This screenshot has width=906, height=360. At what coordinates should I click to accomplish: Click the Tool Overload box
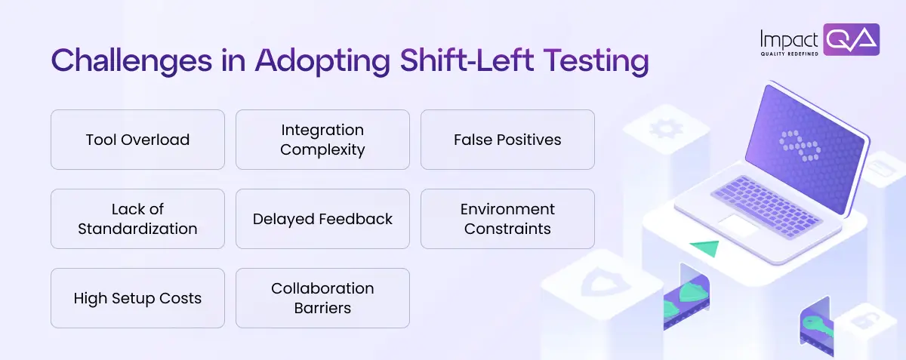pyautogui.click(x=137, y=140)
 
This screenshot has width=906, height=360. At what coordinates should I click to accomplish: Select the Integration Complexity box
pyautogui.click(x=322, y=140)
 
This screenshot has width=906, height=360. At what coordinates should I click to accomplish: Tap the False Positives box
pyautogui.click(x=507, y=140)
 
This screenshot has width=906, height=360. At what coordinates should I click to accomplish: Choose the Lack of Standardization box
pyautogui.click(x=137, y=219)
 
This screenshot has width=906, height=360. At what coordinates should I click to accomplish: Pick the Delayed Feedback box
pyautogui.click(x=322, y=219)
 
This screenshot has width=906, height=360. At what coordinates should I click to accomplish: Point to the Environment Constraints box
pyautogui.click(x=507, y=219)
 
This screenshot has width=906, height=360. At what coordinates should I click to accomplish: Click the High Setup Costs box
pyautogui.click(x=137, y=298)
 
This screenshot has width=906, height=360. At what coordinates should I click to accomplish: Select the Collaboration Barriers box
pyautogui.click(x=322, y=298)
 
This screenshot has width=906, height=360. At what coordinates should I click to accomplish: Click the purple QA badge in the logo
pyautogui.click(x=851, y=39)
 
